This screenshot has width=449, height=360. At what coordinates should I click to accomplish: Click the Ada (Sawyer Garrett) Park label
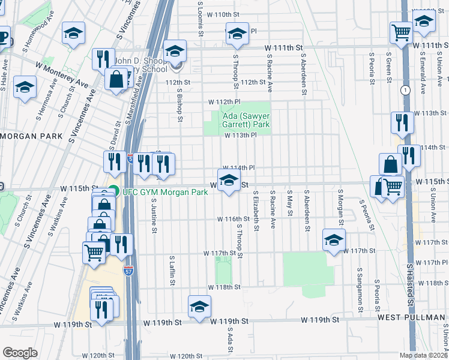click(239, 120)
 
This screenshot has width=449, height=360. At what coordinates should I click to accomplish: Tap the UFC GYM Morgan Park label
click(164, 192)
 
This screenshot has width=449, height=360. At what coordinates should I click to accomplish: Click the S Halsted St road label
click(410, 285)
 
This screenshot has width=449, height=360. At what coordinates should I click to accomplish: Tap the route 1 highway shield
click(406, 90)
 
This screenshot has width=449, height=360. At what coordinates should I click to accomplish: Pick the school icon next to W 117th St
click(334, 241)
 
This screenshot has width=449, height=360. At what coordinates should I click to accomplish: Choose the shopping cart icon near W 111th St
click(400, 32)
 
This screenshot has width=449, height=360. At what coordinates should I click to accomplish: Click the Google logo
click(20, 352)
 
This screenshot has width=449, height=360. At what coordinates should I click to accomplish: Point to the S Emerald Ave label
click(423, 76)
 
